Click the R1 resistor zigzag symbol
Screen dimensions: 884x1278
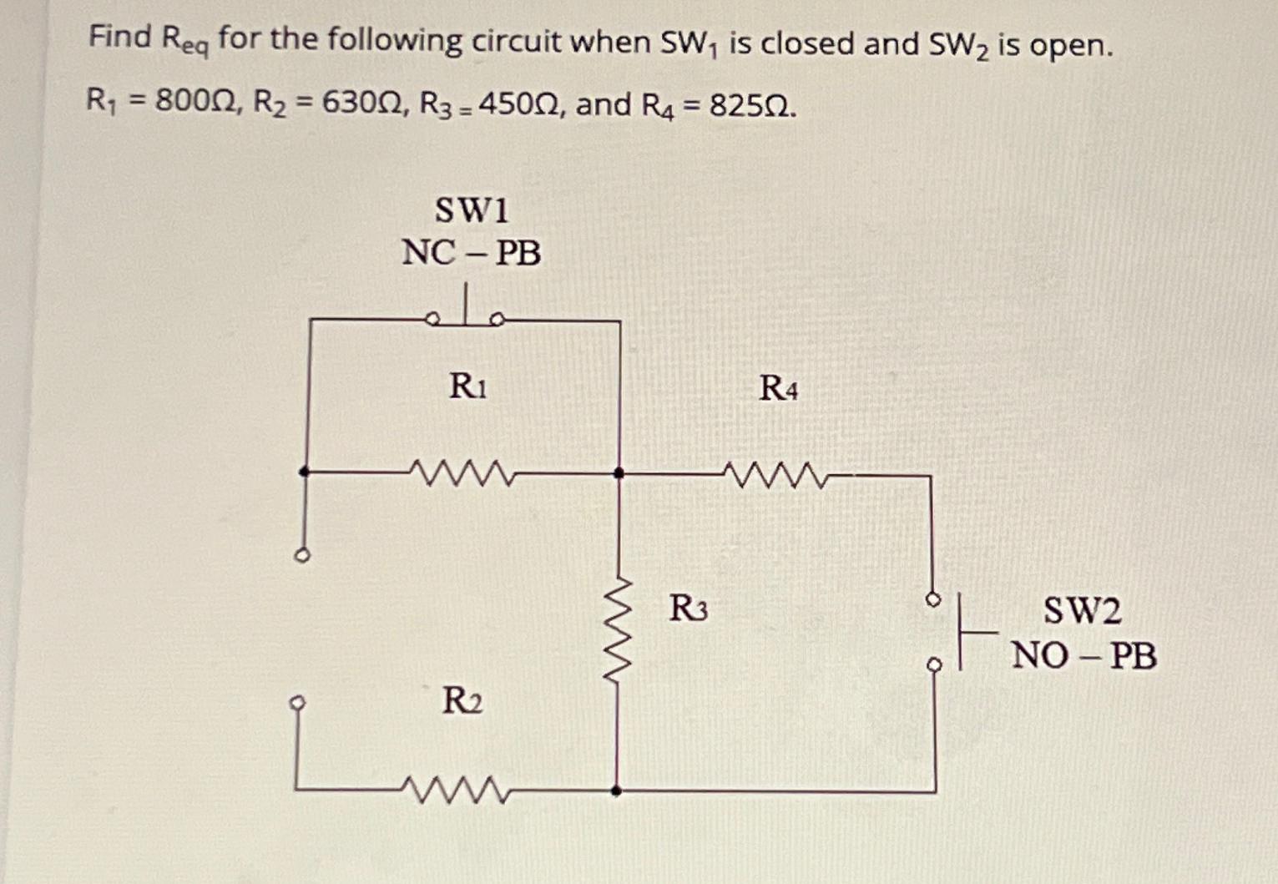pyautogui.click(x=463, y=473)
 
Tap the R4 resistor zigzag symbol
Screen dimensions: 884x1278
pyautogui.click(x=775, y=476)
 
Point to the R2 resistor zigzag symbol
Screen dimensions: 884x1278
pyautogui.click(x=456, y=789)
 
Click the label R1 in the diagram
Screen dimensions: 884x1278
pyautogui.click(x=467, y=386)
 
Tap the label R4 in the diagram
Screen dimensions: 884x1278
pyautogui.click(x=778, y=388)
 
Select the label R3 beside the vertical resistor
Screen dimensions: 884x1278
pyautogui.click(x=688, y=609)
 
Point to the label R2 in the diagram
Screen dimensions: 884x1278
pyautogui.click(x=462, y=700)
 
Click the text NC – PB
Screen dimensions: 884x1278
pyautogui.click(x=471, y=252)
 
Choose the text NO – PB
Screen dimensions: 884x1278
pyautogui.click(x=1084, y=656)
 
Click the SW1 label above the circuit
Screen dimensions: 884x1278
pyautogui.click(x=472, y=210)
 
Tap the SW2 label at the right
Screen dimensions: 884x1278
pyautogui.click(x=1082, y=611)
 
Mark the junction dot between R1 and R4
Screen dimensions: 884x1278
pyautogui.click(x=619, y=473)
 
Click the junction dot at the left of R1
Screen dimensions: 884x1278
pyautogui.click(x=305, y=472)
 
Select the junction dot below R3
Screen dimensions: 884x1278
pyautogui.click(x=616, y=790)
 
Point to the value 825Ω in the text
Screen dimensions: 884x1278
pyautogui.click(x=750, y=106)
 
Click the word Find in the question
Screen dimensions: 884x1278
pyautogui.click(x=120, y=37)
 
